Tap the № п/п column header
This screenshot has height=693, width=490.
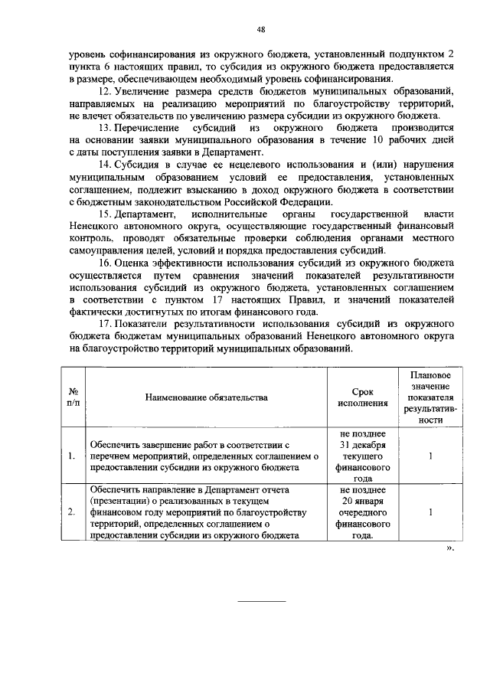click(73, 397)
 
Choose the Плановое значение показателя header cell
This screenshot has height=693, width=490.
click(430, 397)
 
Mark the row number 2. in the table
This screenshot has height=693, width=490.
click(71, 512)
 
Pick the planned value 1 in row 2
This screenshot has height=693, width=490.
click(430, 512)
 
